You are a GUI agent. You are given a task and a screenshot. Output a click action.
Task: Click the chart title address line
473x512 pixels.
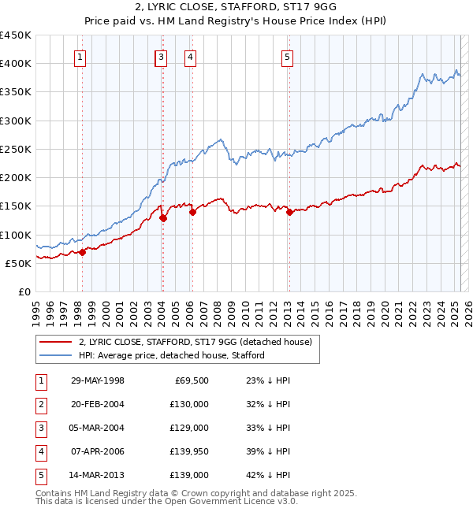236,8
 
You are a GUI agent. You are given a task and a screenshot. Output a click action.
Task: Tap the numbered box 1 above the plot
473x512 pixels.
81,57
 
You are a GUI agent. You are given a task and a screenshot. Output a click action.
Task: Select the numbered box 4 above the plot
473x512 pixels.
191,57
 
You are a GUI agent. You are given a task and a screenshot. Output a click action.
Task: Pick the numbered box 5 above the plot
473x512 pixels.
287,57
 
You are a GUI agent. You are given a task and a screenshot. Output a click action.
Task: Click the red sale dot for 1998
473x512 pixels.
82,252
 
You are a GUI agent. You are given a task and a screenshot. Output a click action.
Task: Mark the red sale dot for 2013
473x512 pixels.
289,212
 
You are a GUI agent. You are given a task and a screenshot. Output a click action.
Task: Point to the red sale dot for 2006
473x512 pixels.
192,211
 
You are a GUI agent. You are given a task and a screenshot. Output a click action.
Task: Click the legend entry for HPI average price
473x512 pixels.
172,355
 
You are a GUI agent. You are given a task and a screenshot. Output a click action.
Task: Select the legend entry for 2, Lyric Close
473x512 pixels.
196,342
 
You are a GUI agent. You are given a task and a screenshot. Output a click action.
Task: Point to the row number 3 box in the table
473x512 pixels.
40,428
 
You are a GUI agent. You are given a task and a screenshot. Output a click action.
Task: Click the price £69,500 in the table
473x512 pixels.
190,380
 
